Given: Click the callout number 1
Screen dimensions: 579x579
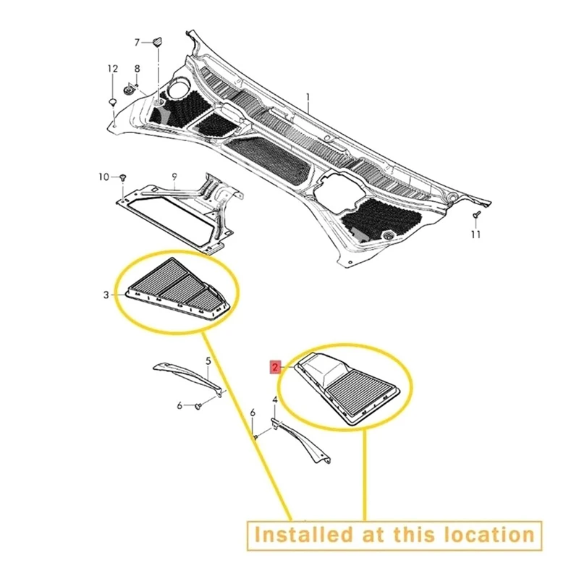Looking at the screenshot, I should click(x=307, y=97).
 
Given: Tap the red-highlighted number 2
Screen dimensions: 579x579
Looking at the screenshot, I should click(x=275, y=367).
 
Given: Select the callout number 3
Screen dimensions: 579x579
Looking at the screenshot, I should click(x=106, y=295).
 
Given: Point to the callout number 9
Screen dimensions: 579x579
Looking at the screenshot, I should click(x=174, y=176).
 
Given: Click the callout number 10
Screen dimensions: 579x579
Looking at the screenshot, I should click(x=103, y=177).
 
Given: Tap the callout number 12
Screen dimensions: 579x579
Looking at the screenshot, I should click(x=112, y=69).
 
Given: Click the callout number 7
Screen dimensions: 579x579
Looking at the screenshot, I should click(x=137, y=42).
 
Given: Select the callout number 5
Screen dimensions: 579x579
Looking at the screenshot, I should click(x=208, y=360).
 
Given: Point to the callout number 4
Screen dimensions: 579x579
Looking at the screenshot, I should click(x=275, y=400).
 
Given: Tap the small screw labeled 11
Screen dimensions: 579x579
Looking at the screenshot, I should click(x=475, y=216).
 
